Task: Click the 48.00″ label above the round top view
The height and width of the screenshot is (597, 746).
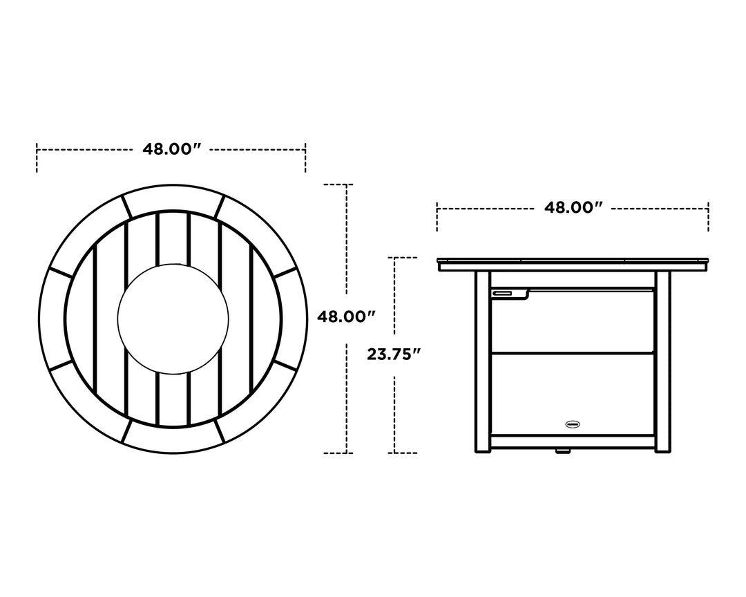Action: [171, 149]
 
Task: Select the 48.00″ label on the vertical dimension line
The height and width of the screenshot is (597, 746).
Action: [345, 317]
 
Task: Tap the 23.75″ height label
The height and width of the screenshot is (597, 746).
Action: [394, 354]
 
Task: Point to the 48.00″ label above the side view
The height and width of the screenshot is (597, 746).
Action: [573, 207]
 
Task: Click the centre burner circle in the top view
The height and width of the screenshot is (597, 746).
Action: [173, 319]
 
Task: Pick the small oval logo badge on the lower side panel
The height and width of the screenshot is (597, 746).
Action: [573, 424]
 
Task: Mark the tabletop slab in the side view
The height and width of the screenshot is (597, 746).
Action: [573, 264]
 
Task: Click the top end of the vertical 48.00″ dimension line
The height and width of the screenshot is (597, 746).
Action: [345, 185]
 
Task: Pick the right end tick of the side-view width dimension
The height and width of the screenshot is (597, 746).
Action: [708, 216]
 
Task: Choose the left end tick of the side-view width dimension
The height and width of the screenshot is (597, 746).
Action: [437, 216]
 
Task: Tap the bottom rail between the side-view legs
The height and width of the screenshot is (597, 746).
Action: [573, 441]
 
